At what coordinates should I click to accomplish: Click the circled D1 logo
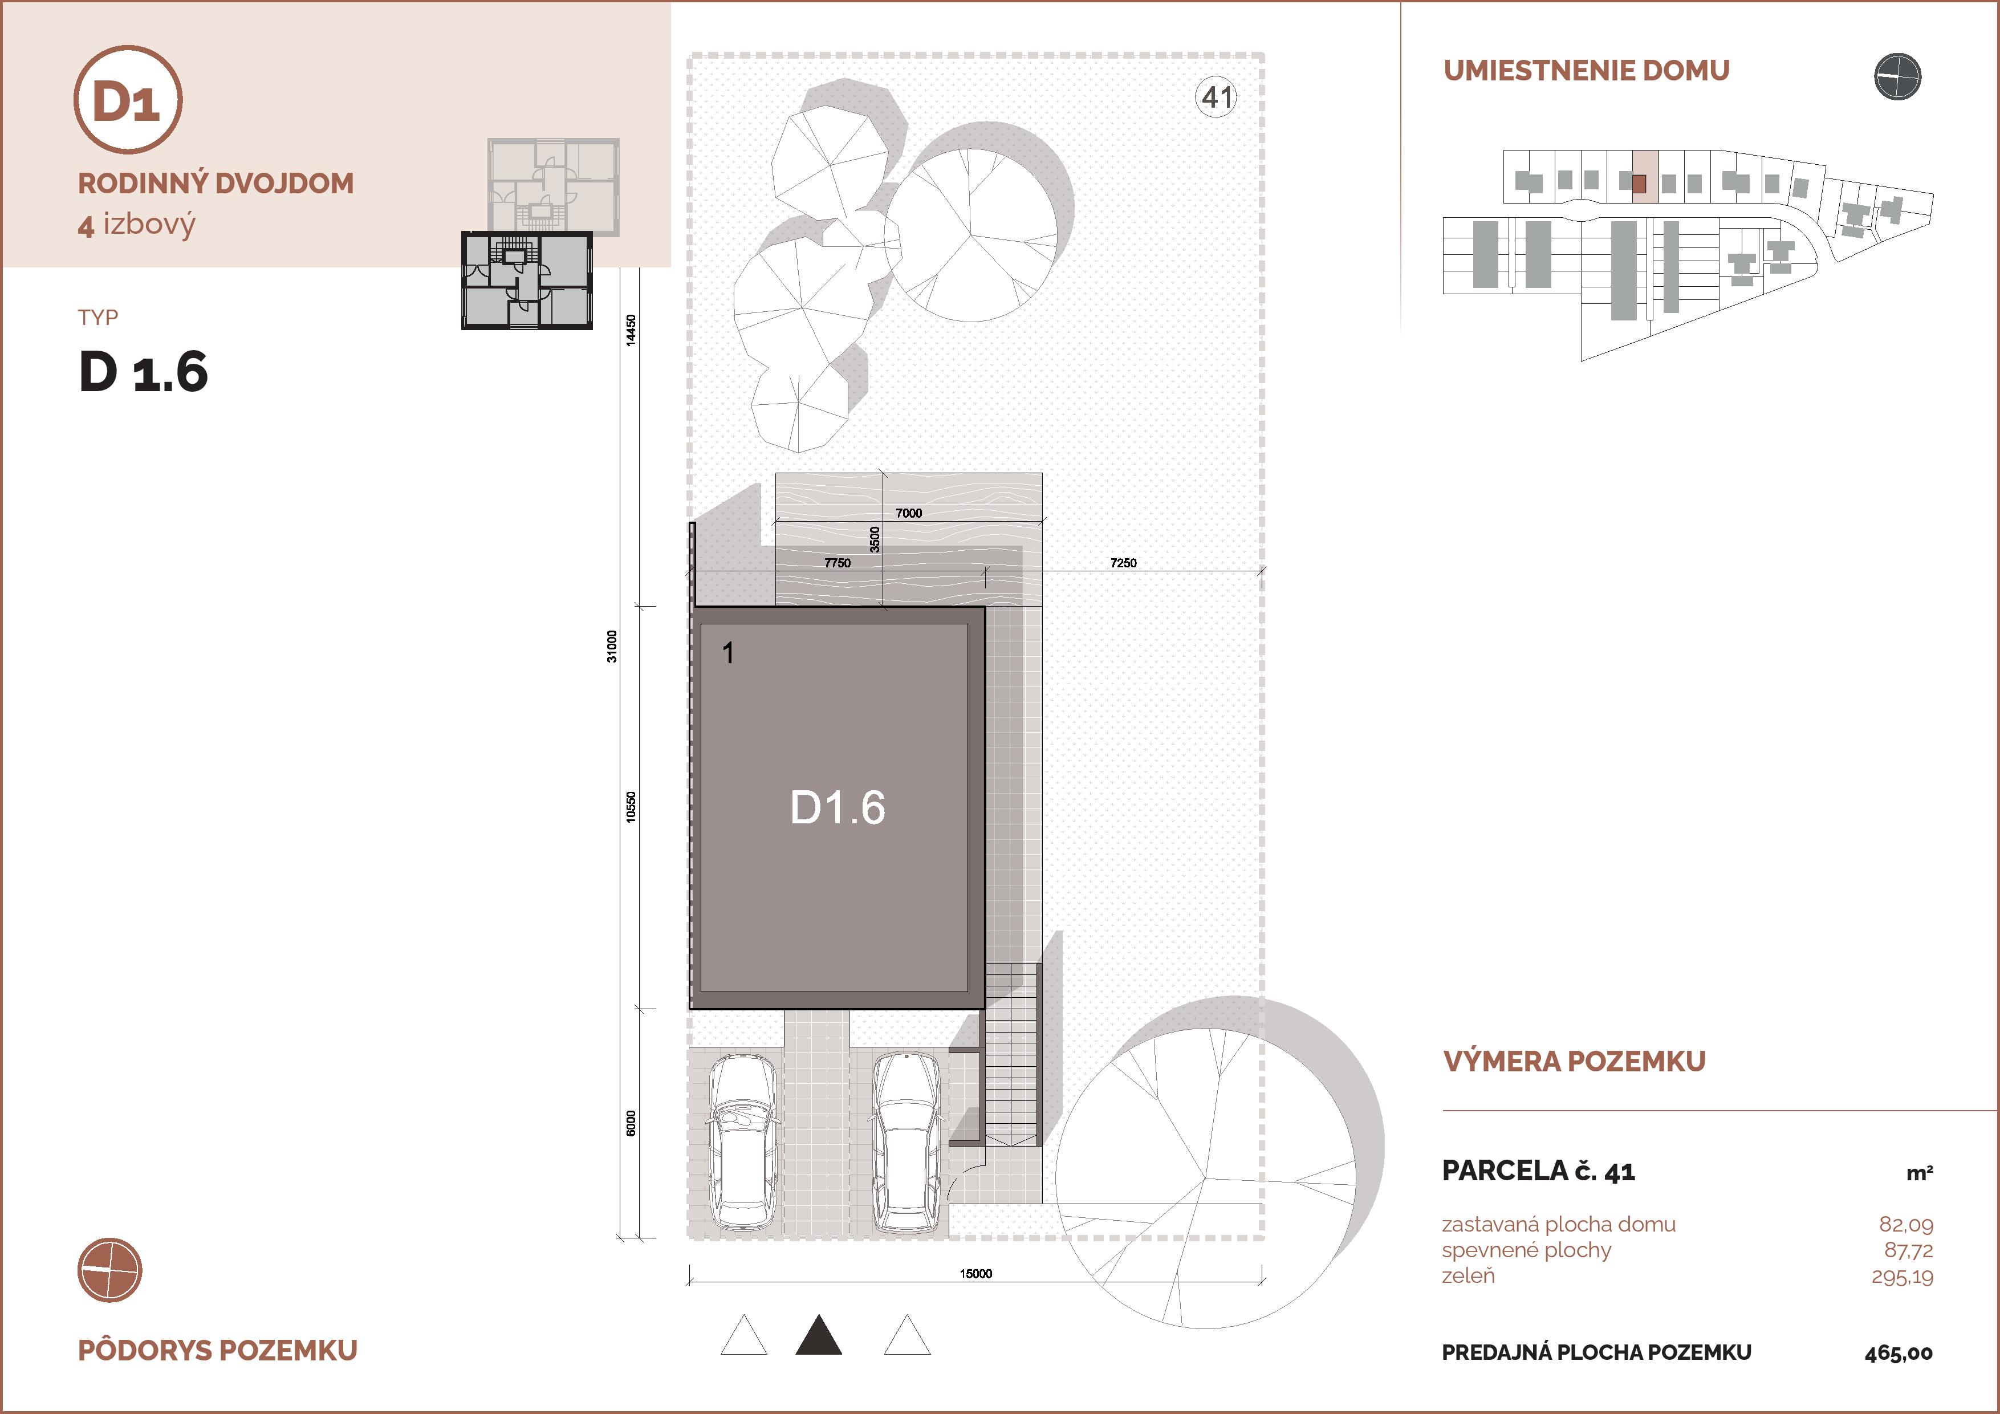[128, 99]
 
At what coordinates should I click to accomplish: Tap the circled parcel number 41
[1216, 97]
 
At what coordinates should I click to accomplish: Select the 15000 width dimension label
[975, 1274]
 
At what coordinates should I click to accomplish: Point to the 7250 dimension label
[1123, 563]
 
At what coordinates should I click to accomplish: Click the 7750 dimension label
[837, 563]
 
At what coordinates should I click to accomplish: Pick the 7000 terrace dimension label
[909, 513]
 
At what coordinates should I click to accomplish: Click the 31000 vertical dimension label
[612, 647]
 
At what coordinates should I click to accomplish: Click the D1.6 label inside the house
[837, 807]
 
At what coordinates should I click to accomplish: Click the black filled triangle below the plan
[819, 1335]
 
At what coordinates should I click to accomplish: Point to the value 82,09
[1906, 1225]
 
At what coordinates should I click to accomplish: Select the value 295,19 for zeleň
[1903, 1277]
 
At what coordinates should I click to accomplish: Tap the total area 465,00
[1899, 1353]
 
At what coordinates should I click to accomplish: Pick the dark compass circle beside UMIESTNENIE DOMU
[1897, 76]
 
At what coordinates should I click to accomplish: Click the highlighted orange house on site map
[1639, 184]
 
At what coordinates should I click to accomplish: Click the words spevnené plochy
[1526, 1251]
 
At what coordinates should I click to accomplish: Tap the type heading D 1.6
[144, 372]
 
